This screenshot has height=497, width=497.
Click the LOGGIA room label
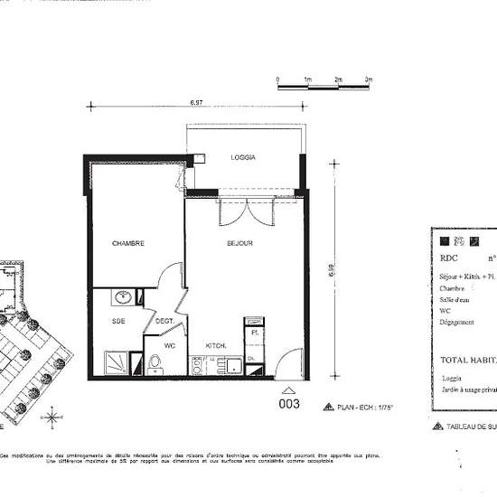(x=242, y=157)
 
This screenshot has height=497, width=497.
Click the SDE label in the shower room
(x=117, y=321)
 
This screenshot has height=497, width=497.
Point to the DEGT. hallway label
(x=164, y=321)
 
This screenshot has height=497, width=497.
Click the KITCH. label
(x=215, y=346)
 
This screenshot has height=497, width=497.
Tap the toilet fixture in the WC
(x=155, y=363)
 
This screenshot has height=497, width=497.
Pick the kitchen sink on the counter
(x=233, y=365)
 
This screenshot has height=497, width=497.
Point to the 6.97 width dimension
(x=196, y=103)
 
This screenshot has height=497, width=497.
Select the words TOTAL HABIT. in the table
(x=468, y=360)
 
